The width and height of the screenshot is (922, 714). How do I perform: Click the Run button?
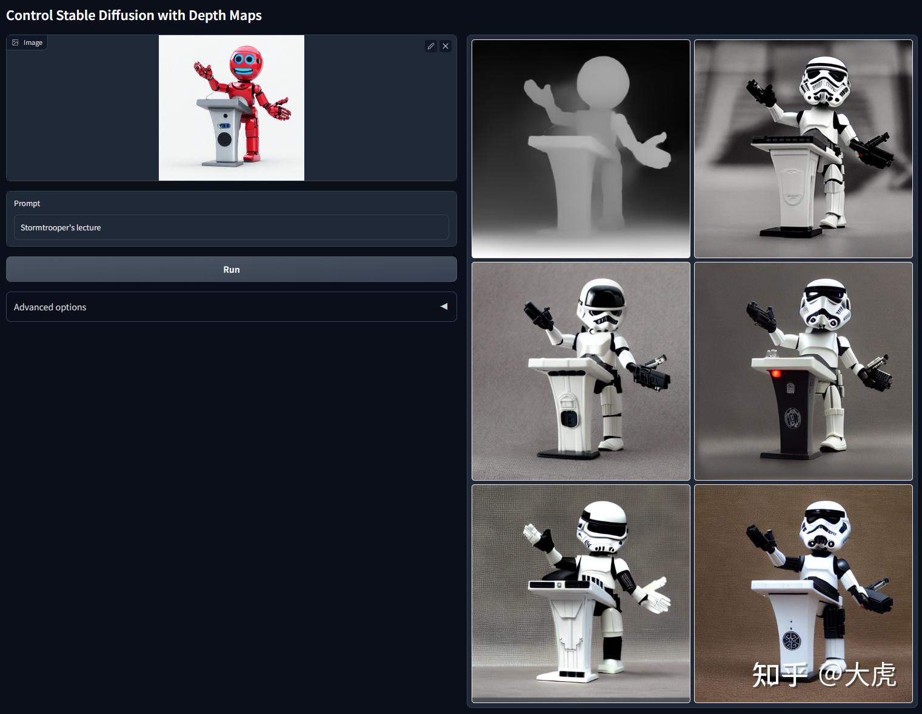231,269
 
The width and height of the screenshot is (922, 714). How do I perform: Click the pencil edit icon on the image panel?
430,46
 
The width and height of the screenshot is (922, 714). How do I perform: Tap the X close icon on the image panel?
446,46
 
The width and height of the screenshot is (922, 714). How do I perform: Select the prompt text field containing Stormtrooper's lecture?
231,227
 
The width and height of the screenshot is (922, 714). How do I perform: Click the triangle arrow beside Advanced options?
444,306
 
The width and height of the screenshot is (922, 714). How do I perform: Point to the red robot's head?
246,61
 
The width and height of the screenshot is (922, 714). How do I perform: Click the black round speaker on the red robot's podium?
224,139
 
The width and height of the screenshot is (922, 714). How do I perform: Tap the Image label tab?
27,42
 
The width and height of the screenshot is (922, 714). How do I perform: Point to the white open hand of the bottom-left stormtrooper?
655,596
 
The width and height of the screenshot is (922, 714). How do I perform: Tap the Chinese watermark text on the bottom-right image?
824,675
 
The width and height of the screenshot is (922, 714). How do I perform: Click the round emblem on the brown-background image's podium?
791,641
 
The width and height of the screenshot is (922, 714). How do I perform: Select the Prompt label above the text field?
27,203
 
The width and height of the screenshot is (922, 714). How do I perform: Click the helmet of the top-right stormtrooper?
824,81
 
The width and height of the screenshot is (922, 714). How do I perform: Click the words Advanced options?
50,307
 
